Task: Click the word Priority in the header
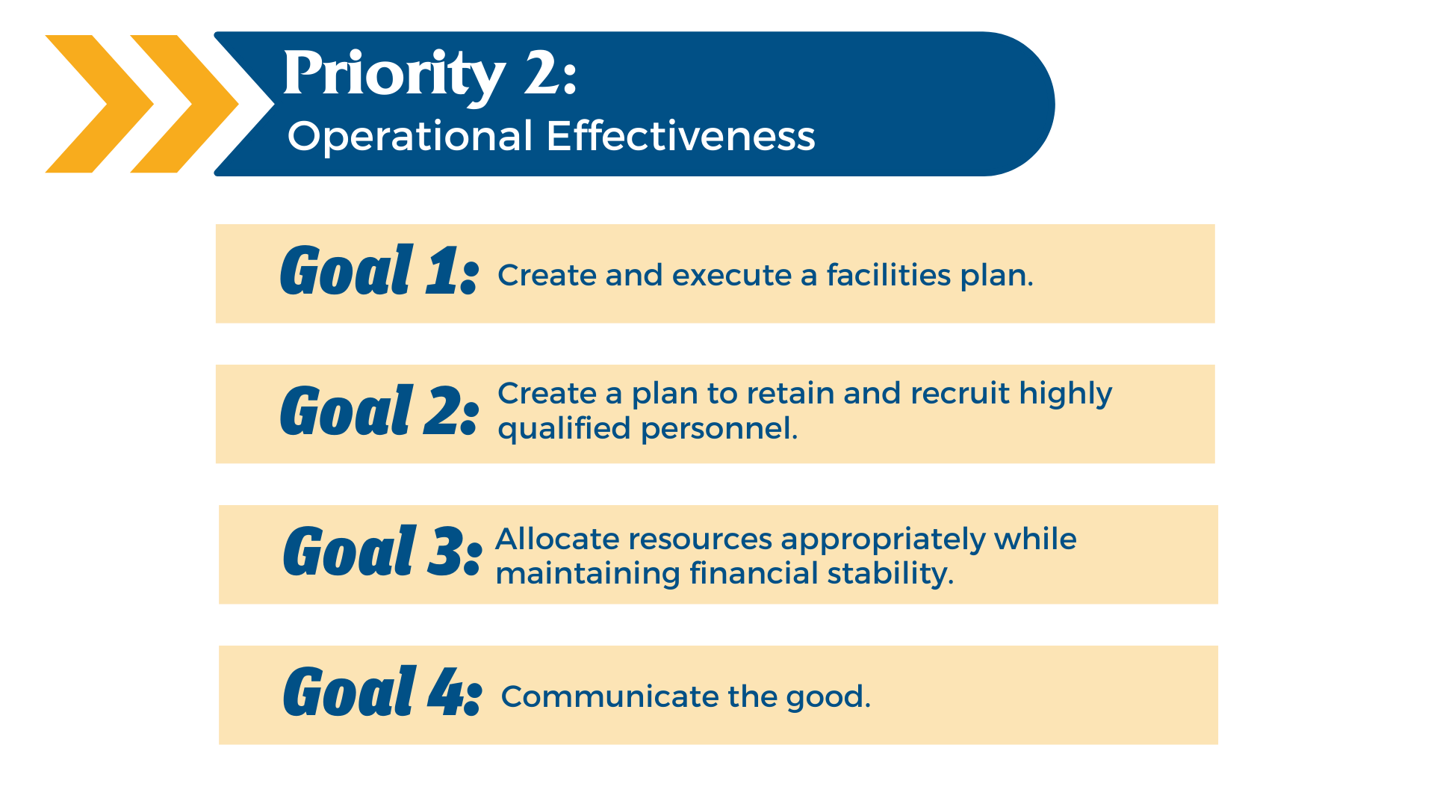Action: pyautogui.click(x=394, y=75)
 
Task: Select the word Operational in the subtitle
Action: pyautogui.click(x=410, y=137)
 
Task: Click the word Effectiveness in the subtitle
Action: pyautogui.click(x=680, y=136)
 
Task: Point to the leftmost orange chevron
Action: pyautogui.click(x=99, y=104)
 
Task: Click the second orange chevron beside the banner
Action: pyautogui.click(x=184, y=104)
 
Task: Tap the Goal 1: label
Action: pyautogui.click(x=379, y=270)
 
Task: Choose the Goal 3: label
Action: pyautogui.click(x=382, y=551)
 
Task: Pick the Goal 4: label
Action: pyautogui.click(x=382, y=692)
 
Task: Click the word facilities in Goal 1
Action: pyautogui.click(x=889, y=275)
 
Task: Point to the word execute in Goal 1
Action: pyautogui.click(x=732, y=276)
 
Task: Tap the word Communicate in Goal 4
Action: pyautogui.click(x=610, y=696)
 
